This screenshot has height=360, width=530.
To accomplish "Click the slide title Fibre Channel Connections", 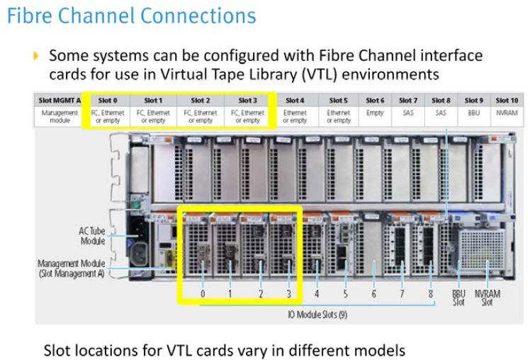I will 132,16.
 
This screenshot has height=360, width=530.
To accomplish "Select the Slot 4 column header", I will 294,101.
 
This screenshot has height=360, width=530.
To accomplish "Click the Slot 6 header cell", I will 375,101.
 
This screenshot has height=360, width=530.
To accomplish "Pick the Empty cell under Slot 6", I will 375,112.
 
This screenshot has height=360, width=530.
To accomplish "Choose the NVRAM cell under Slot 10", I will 507,112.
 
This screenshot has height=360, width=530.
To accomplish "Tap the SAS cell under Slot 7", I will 408,112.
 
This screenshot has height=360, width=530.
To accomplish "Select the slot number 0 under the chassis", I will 203,293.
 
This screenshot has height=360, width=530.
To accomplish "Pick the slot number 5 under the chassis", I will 345,293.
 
